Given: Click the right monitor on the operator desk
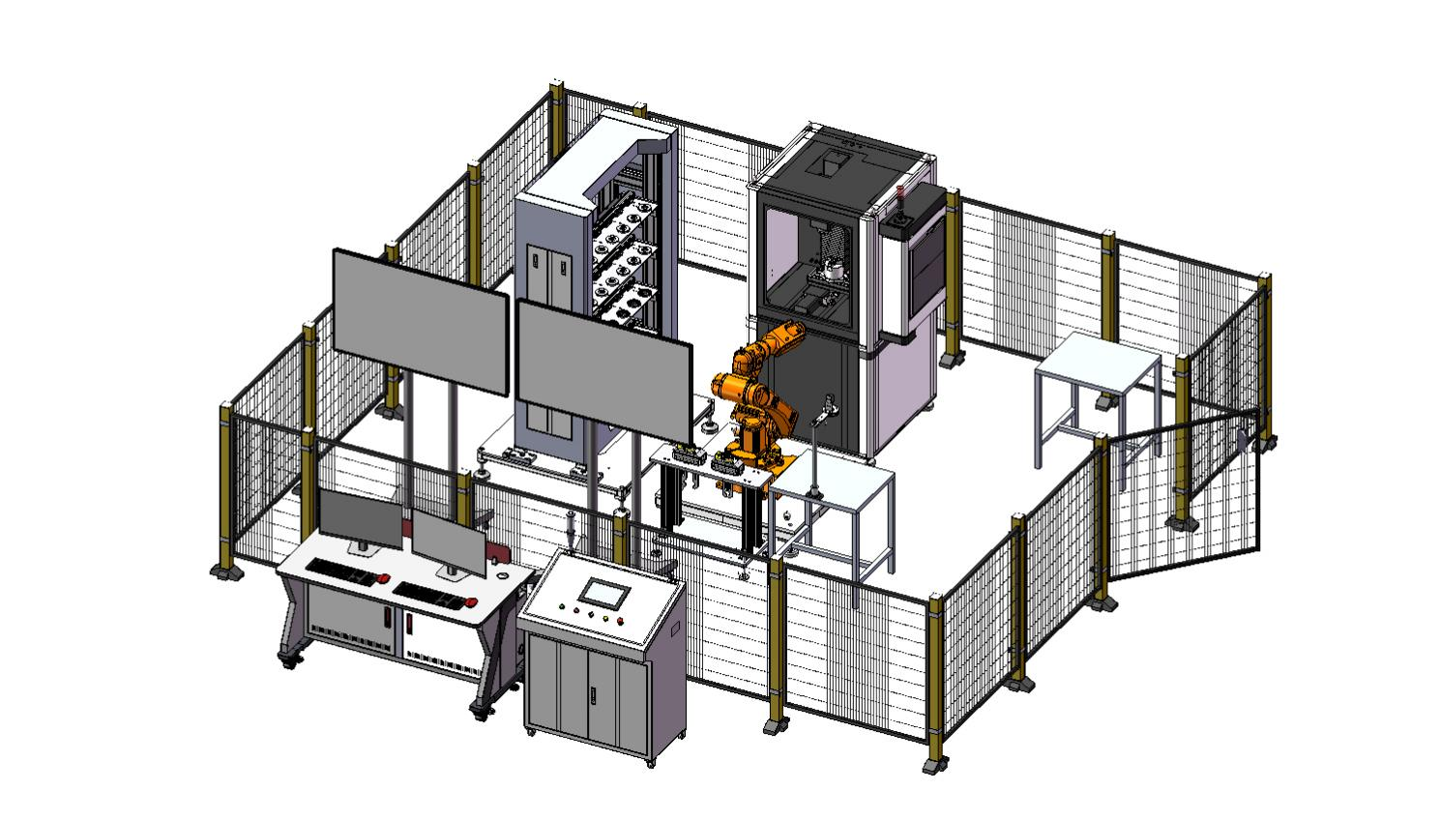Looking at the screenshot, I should pos(450,541).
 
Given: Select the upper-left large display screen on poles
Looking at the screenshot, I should pos(420,321).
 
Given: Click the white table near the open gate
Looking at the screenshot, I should pos(1099,367).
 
